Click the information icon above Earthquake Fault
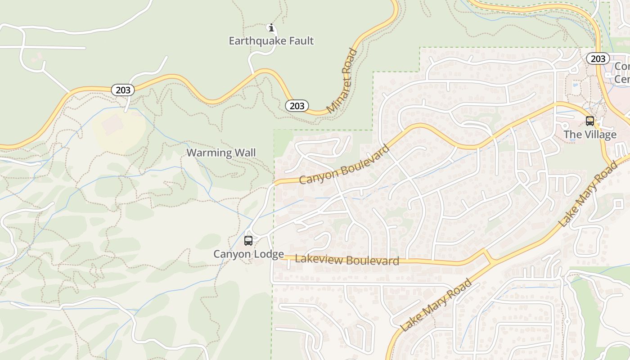[271, 28]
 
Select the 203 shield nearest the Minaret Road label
[297, 106]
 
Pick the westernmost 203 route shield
[123, 90]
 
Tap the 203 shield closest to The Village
[598, 58]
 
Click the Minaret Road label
[342, 81]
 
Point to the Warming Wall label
[221, 153]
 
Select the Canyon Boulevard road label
[344, 165]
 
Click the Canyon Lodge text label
[248, 254]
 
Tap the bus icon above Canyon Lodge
[248, 240]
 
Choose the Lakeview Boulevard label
[347, 260]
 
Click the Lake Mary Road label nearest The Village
[588, 193]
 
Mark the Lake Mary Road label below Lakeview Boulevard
[436, 305]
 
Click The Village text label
[590, 135]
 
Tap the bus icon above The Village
[589, 121]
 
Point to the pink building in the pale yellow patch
[113, 124]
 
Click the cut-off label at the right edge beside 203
[622, 72]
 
